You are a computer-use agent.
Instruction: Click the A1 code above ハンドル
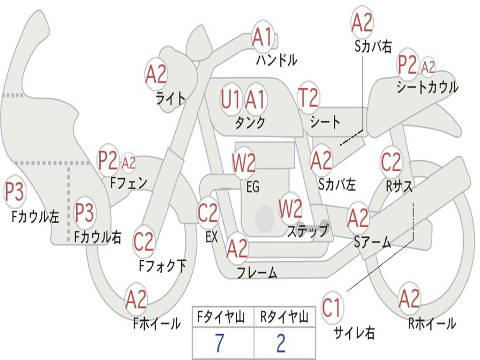point(262,37)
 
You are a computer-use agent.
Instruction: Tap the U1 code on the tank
point(231,99)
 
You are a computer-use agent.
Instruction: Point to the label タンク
point(250,123)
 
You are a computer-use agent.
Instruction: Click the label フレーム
point(257,273)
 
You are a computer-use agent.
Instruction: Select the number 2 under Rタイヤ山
point(281,343)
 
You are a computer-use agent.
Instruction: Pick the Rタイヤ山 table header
point(285,318)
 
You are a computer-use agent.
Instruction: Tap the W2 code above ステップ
point(291,209)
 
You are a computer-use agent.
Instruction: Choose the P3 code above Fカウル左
point(14,193)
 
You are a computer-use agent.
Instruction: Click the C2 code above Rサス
point(391,162)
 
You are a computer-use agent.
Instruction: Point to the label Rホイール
point(432,323)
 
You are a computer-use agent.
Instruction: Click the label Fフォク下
point(163,266)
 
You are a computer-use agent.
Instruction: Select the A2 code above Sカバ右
point(362,22)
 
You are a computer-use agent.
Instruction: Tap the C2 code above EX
point(208,213)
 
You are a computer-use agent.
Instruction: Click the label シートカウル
point(427,87)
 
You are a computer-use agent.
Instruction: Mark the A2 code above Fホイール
point(136,300)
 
